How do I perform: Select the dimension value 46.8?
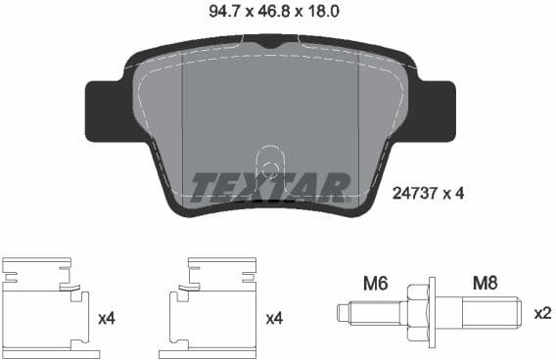(x=253, y=12)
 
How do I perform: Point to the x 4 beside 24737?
(x=451, y=194)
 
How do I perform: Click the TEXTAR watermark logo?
(x=270, y=185)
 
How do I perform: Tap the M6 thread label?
(x=376, y=283)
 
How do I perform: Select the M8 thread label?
(x=486, y=283)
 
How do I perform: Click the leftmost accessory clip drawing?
(x=45, y=302)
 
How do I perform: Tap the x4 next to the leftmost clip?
(x=108, y=318)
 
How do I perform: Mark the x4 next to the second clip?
(x=275, y=318)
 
